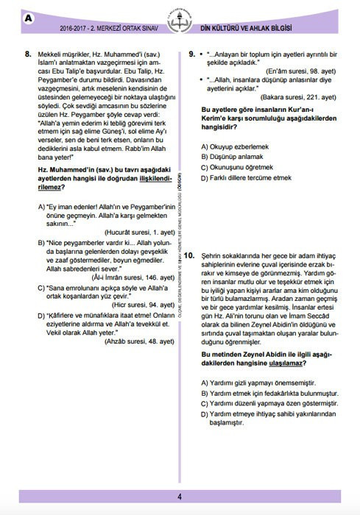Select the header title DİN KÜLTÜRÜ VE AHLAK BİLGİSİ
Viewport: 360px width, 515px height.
click(x=266, y=28)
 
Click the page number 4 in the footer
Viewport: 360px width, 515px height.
click(x=179, y=496)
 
